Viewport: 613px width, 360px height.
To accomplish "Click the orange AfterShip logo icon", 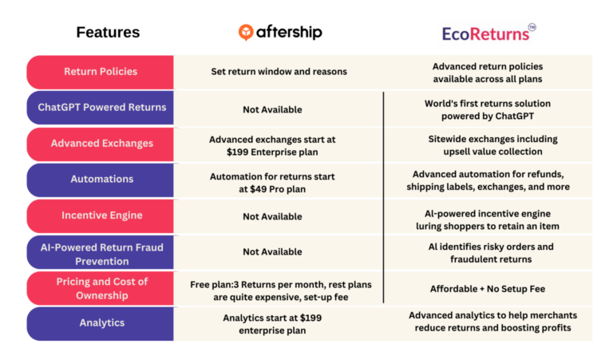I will pos(247,32).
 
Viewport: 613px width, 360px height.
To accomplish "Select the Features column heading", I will pos(108,33).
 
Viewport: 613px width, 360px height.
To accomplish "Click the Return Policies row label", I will pos(101,72).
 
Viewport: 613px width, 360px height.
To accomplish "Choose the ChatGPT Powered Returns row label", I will pos(101,108).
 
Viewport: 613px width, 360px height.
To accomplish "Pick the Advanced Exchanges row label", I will pos(101,144).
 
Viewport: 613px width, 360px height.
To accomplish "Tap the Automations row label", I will pos(101,180).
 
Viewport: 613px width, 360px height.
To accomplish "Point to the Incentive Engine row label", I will pos(101,216).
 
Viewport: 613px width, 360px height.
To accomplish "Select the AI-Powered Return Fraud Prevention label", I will pos(101,254).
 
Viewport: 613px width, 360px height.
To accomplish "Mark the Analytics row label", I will pos(101,323).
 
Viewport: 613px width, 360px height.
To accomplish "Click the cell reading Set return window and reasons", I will pos(279,72).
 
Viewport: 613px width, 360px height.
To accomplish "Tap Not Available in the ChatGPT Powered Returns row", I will pos(272,109).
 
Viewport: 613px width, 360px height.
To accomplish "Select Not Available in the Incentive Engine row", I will pos(272,216).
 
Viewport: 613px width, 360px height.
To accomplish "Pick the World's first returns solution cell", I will pos(487,109).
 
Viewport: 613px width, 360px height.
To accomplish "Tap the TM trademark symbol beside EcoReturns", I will pos(532,26).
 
